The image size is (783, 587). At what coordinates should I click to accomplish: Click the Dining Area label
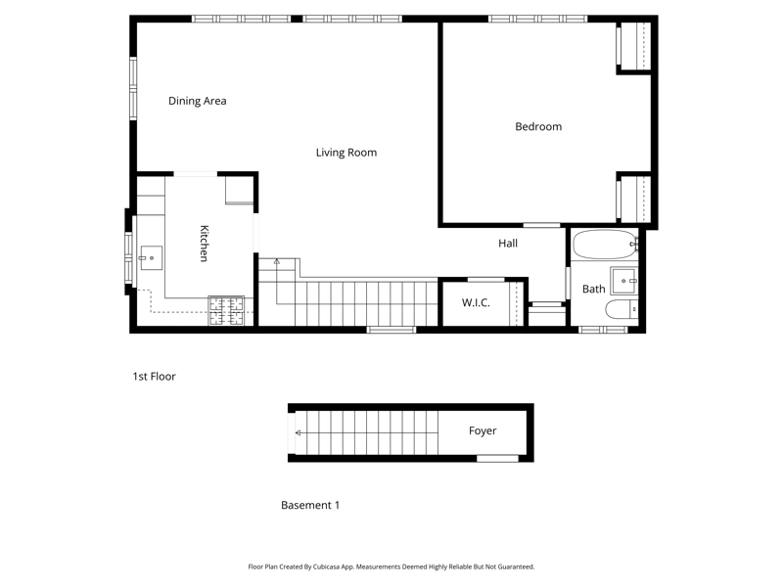click(197, 101)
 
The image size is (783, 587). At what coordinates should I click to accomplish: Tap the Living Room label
click(345, 153)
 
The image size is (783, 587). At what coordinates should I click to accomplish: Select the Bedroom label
click(538, 126)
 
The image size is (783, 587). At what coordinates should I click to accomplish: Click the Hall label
click(507, 244)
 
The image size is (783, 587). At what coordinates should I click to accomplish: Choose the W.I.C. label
click(477, 303)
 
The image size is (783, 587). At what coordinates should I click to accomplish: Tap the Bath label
click(593, 290)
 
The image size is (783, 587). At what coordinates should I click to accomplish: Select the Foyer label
click(483, 431)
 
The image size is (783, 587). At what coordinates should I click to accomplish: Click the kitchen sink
click(150, 258)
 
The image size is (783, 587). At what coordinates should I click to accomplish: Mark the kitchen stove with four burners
click(226, 310)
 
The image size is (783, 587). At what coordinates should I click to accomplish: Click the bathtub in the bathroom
click(604, 245)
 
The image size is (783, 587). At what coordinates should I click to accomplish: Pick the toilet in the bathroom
click(621, 311)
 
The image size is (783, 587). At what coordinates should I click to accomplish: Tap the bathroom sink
click(623, 281)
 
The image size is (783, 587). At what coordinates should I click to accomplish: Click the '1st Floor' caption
click(154, 376)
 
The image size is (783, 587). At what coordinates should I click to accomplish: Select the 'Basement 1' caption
click(310, 506)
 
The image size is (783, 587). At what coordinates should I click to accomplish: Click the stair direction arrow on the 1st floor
click(277, 262)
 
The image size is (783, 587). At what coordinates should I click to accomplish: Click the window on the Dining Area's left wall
click(133, 89)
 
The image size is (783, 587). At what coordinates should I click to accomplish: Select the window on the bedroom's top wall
click(537, 19)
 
